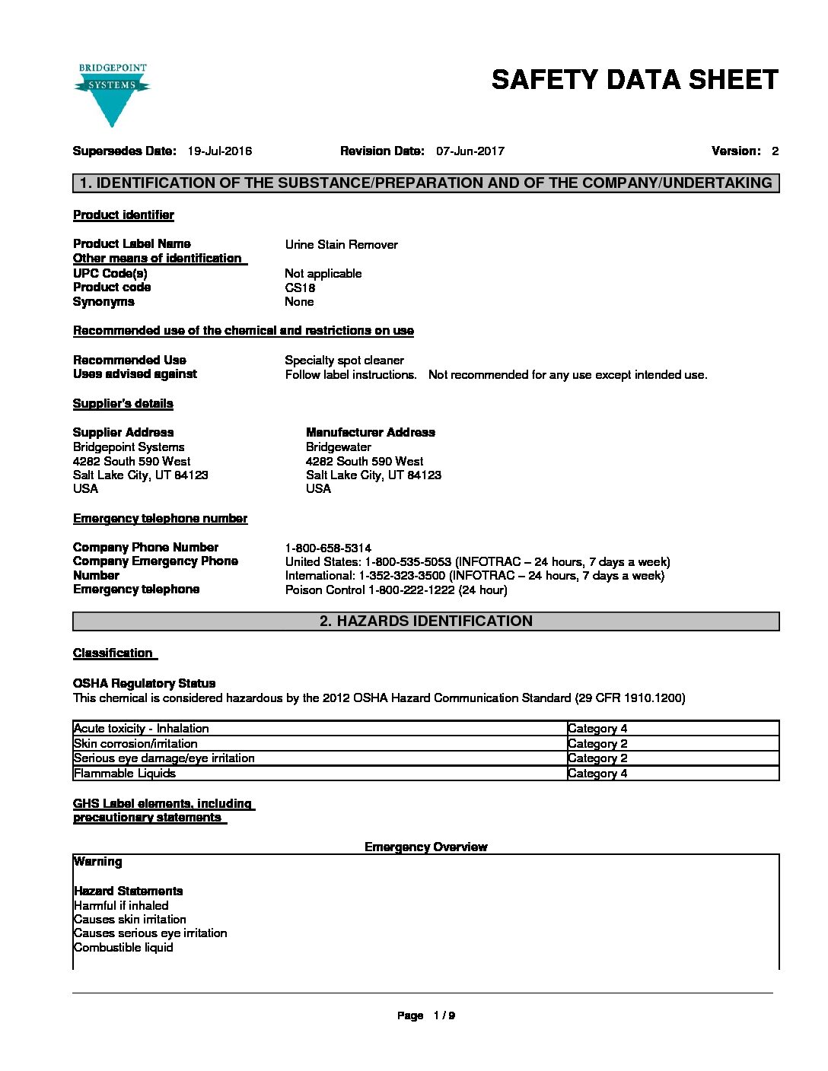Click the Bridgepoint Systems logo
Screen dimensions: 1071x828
tap(112, 94)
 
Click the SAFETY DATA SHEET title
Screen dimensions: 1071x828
tap(635, 80)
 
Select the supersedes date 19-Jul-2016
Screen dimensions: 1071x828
tap(220, 151)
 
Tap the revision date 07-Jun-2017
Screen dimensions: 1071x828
tap(470, 151)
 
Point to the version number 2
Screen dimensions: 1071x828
tap(775, 151)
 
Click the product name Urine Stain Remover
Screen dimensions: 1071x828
tap(341, 245)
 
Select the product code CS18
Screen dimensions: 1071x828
tap(300, 288)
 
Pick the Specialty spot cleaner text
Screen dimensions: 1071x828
tap(344, 361)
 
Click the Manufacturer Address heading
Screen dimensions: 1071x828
tap(370, 433)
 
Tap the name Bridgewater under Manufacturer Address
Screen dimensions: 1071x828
tap(339, 447)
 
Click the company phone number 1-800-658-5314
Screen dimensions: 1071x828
tap(328, 548)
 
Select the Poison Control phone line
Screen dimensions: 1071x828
tap(396, 590)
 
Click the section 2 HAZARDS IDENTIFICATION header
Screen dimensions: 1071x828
tap(425, 621)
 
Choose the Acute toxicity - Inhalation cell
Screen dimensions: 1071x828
tap(142, 729)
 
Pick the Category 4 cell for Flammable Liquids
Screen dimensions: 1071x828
tap(597, 774)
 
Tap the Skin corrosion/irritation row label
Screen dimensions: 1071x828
tap(135, 744)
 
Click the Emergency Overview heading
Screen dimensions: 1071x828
tap(425, 847)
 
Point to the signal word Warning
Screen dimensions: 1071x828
tap(97, 862)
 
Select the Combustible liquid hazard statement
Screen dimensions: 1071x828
tap(123, 948)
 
